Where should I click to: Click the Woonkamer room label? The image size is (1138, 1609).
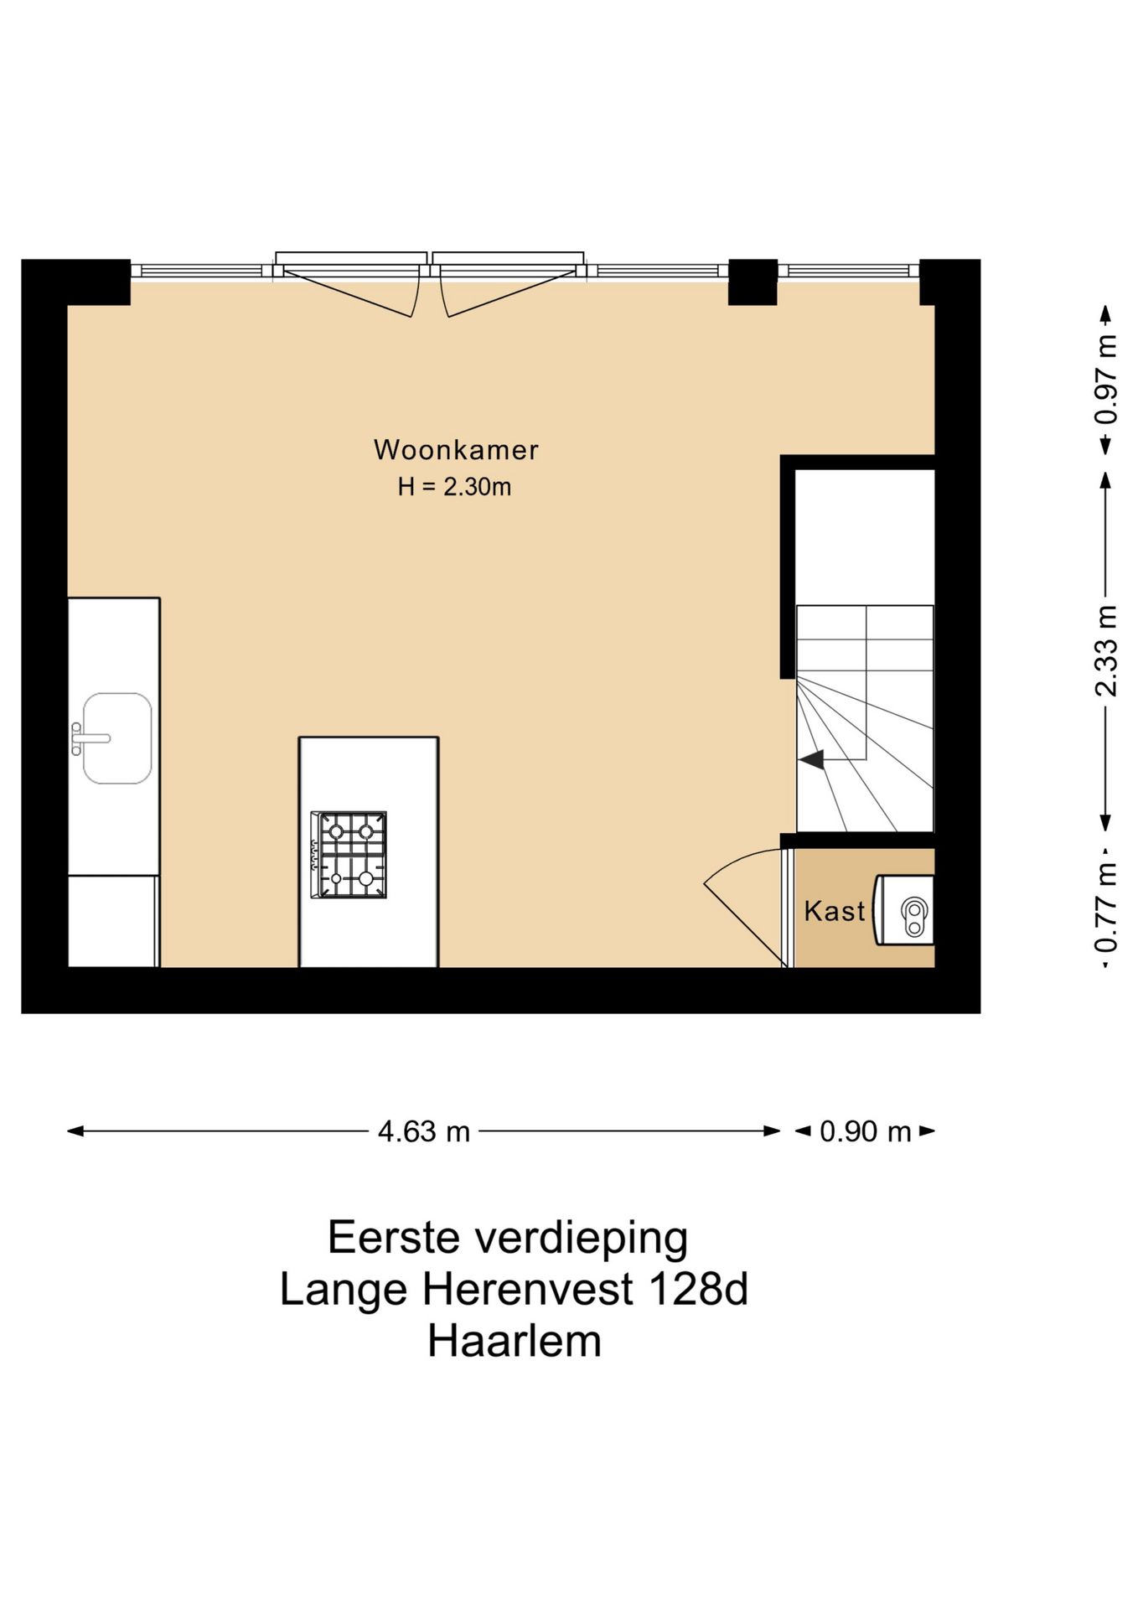[x=455, y=450]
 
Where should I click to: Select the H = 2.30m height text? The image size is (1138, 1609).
[x=454, y=487]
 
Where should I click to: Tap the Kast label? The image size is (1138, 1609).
[x=834, y=911]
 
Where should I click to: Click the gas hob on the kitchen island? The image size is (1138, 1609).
[x=349, y=855]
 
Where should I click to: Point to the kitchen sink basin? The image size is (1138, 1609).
[x=118, y=738]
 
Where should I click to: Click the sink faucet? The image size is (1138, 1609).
[x=88, y=738]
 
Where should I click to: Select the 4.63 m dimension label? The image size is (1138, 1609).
[x=423, y=1132]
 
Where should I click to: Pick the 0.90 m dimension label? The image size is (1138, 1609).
[x=865, y=1132]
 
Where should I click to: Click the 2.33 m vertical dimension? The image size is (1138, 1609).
[x=1106, y=651]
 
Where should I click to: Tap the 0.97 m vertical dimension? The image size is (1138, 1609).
[x=1106, y=379]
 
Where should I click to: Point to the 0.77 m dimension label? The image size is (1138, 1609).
[x=1106, y=908]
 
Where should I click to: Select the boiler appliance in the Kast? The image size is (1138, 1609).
[x=905, y=910]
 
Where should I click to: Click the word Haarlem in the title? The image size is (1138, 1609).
[x=515, y=1341]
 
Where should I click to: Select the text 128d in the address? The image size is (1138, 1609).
[x=697, y=1289]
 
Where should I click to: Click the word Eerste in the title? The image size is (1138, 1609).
[x=393, y=1238]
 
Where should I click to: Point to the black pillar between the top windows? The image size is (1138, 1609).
[x=753, y=282]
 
